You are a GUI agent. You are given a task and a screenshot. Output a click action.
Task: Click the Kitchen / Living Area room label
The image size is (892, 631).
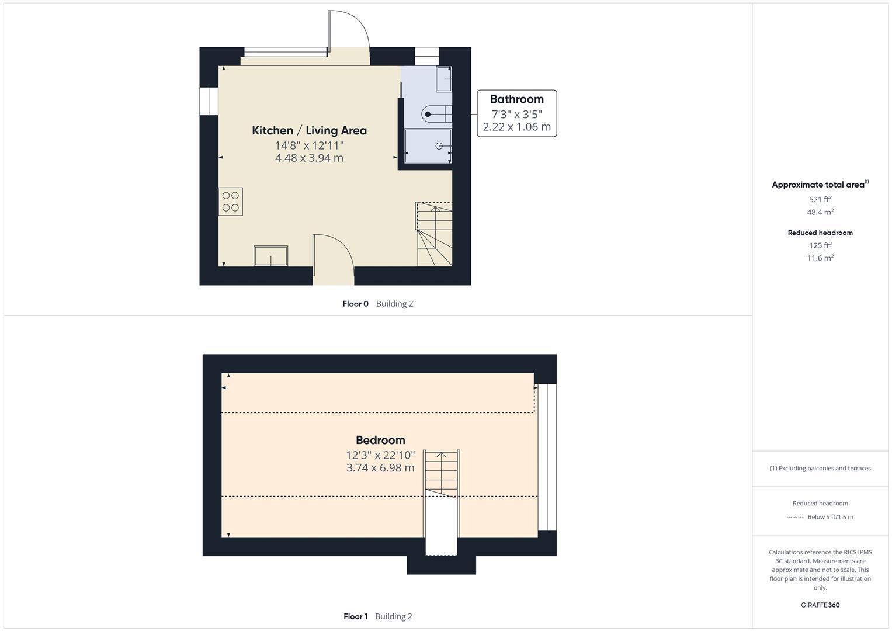pos(309,130)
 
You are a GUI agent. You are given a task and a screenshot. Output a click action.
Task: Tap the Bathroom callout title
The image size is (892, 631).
pos(516,99)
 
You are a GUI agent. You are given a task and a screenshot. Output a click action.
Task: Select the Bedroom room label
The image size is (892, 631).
pos(380,440)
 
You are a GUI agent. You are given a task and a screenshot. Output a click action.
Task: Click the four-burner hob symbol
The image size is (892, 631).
pos(231,202)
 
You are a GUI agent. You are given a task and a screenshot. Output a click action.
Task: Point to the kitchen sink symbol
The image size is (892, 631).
pos(270,256)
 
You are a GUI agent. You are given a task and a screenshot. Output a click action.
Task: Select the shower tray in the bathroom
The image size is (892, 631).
pos(428,145)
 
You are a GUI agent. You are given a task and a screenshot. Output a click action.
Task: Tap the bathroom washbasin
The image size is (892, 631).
pos(444,79)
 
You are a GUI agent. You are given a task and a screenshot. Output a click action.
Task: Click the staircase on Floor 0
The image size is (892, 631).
pos(435,234)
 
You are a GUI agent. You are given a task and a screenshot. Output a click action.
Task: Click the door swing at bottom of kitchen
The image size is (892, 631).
pos(333,254)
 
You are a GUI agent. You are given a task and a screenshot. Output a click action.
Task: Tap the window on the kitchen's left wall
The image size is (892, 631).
pos(209,101)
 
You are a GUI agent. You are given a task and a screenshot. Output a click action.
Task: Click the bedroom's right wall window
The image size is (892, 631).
pos(547,457)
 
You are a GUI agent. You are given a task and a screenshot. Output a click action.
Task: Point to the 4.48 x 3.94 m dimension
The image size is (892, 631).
pos(309,158)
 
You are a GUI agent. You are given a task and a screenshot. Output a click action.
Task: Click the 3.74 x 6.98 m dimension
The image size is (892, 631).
pos(380,468)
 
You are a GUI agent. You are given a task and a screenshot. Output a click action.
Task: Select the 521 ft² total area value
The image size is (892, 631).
pos(820,199)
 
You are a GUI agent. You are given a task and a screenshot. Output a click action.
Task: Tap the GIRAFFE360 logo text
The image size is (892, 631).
pos(820,605)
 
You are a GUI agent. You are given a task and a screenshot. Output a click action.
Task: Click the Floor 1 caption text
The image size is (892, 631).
pos(355,616)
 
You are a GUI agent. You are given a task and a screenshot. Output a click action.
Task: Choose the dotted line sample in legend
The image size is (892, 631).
pos(795,517)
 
